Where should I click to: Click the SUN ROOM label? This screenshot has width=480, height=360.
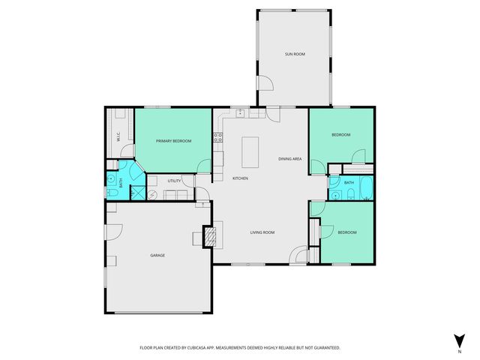click(x=294, y=54)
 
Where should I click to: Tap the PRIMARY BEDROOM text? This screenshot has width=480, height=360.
click(x=173, y=141)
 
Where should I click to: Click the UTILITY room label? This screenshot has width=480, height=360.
click(x=174, y=181)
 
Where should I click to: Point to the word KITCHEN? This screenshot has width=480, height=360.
click(x=240, y=178)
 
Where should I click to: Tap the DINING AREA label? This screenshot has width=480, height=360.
click(x=290, y=158)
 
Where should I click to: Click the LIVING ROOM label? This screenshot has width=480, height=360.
click(x=262, y=232)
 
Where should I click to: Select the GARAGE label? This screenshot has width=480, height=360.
click(x=157, y=255)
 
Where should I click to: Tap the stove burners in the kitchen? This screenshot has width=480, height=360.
click(x=218, y=137)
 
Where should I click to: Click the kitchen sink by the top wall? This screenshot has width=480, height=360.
click(x=241, y=114)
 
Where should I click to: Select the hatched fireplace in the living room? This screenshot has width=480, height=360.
click(x=211, y=237)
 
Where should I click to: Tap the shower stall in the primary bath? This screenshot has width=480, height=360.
click(x=137, y=175)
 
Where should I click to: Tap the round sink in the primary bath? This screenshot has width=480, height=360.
click(x=111, y=180)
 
